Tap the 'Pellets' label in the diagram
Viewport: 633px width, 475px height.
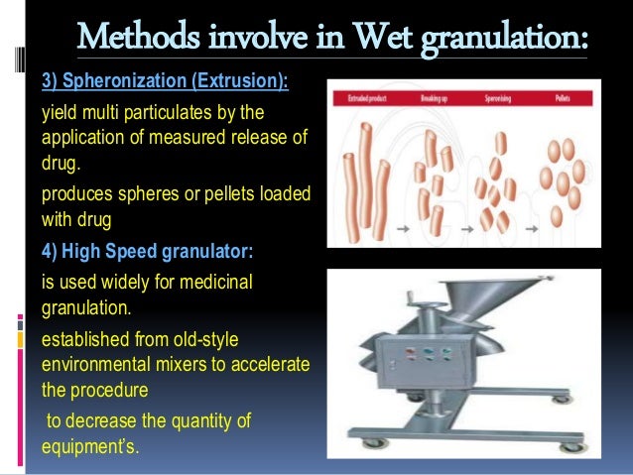click(x=562, y=99)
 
